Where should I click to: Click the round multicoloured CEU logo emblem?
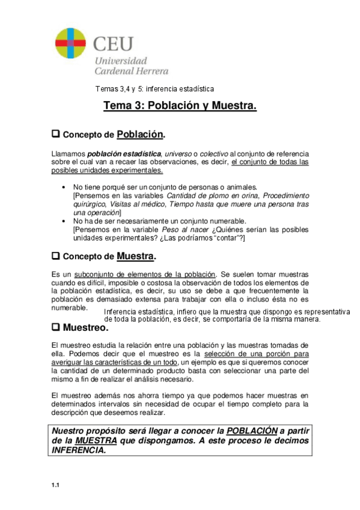pyautogui.click(x=71, y=44)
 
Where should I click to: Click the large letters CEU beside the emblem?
pyautogui.click(x=113, y=43)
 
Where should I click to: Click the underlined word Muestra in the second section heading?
pyautogui.click(x=135, y=256)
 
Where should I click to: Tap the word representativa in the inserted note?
pyautogui.click(x=326, y=312)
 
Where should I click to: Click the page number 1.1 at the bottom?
pyautogui.click(x=55, y=486)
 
